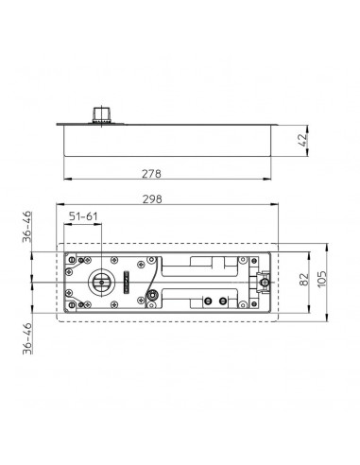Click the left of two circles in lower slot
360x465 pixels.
tap(208, 301)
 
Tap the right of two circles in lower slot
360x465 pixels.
tap(223, 301)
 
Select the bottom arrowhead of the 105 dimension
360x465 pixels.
tap(320, 321)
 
